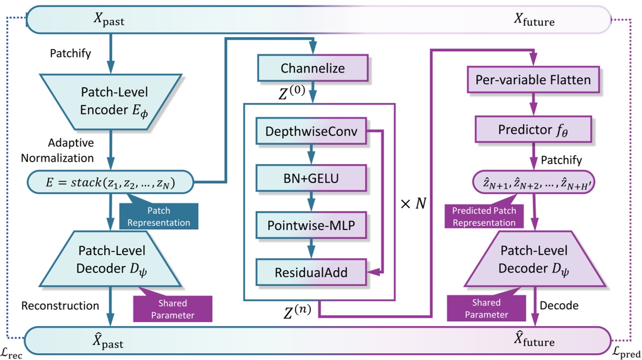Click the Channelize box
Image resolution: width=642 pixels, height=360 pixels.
(313, 68)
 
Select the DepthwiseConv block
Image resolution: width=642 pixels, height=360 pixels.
(311, 132)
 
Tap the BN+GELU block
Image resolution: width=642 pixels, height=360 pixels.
(311, 179)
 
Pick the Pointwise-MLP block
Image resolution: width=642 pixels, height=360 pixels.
(311, 226)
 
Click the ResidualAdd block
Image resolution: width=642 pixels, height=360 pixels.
(311, 272)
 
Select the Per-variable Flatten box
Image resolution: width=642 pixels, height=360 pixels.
(533, 80)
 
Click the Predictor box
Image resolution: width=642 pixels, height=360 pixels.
(533, 129)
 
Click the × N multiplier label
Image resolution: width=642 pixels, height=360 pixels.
(412, 204)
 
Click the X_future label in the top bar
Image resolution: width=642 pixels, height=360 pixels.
(534, 21)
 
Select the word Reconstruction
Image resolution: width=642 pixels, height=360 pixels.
(60, 306)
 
